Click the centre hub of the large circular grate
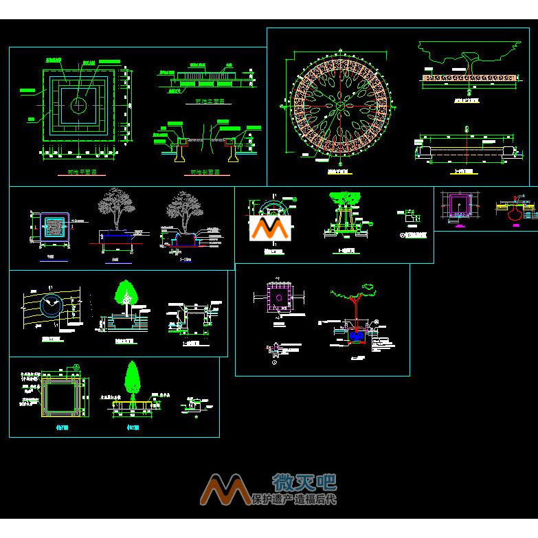(339, 106)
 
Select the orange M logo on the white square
(270, 228)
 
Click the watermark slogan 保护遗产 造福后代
(295, 499)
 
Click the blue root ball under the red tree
(355, 335)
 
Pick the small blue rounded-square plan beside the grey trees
(52, 227)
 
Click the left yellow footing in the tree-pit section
(179, 148)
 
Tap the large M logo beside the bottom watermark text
(224, 489)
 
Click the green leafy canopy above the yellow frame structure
(345, 197)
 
